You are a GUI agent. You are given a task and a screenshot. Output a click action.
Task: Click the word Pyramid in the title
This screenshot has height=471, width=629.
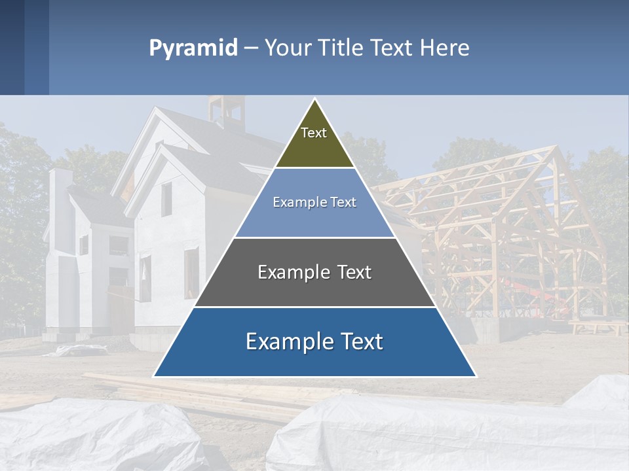coord(193,48)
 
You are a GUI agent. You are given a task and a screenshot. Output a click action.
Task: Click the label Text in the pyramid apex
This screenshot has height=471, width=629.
coord(314,133)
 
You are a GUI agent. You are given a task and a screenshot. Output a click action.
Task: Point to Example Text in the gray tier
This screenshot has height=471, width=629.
coord(314,272)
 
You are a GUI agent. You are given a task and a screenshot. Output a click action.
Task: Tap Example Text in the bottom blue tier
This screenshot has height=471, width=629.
coord(314,341)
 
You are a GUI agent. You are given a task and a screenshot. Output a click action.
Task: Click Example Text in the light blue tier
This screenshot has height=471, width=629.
coord(314,202)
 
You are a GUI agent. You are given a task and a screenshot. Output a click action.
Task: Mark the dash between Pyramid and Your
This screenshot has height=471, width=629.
coord(251,48)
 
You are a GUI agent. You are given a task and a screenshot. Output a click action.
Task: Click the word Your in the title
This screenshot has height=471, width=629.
coord(286,48)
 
